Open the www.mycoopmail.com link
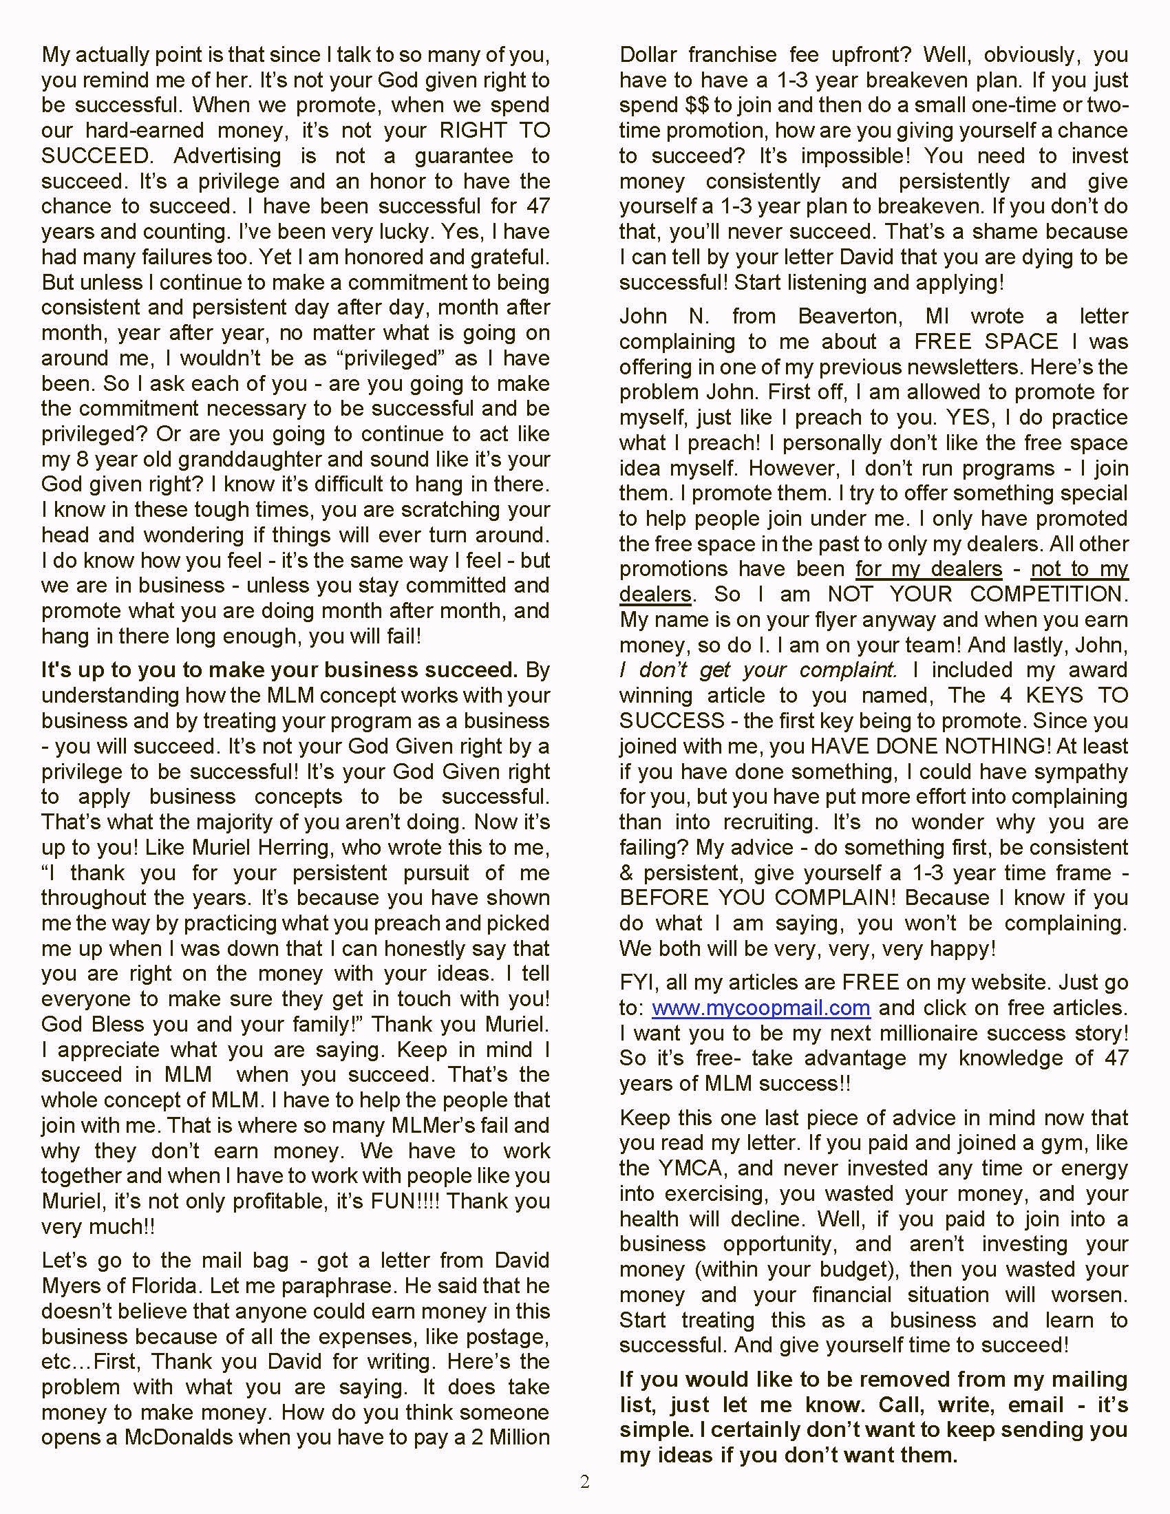pos(760,1007)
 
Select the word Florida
pos(162,1286)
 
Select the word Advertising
pos(227,156)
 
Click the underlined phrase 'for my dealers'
pos(929,569)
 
